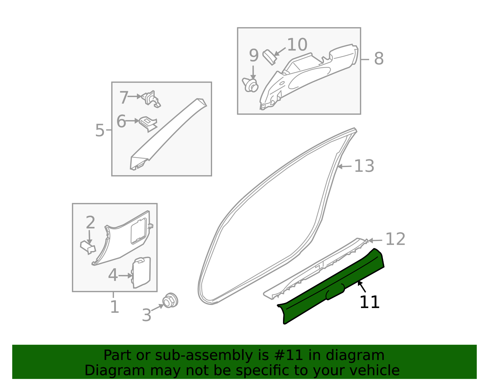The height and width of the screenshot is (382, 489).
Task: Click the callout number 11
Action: tap(370, 302)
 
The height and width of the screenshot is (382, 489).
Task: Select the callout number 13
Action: tap(364, 166)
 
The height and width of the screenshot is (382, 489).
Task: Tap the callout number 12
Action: tap(395, 239)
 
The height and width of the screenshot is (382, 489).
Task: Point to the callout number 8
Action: tap(379, 58)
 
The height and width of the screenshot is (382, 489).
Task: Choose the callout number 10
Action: tap(297, 45)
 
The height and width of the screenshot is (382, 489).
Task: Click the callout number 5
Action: tap(100, 130)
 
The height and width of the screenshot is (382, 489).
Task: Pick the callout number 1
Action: tap(115, 306)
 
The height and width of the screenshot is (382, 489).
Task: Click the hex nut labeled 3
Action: tap(170, 301)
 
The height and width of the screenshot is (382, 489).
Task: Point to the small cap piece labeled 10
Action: tap(269, 57)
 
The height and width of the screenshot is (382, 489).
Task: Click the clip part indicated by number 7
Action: tap(151, 99)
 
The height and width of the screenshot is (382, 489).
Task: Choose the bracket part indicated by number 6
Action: tap(148, 124)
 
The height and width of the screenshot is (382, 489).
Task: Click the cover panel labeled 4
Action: tap(141, 273)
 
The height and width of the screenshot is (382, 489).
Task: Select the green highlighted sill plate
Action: tap(331, 286)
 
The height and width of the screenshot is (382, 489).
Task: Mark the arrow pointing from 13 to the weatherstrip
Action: tap(344, 167)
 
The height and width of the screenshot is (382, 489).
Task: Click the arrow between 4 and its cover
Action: tap(125, 276)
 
